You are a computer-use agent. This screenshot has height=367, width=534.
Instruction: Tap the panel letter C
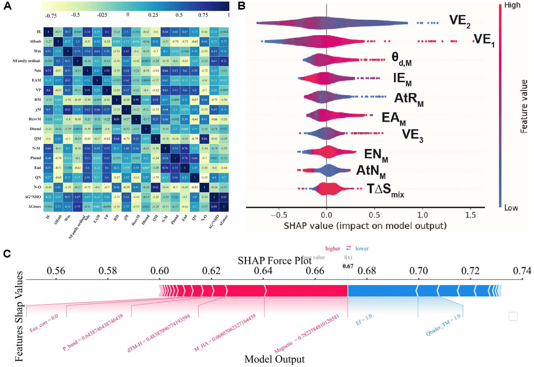pos(7,253)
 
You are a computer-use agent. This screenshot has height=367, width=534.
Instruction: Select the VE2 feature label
pos(460,21)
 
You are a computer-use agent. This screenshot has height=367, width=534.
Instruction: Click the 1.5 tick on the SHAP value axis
pos(470,215)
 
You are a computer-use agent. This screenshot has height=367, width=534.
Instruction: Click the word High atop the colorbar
pos(512,5)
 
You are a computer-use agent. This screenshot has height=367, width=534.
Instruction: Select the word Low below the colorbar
pos(511,208)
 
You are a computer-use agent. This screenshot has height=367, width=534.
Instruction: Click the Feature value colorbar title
pos(524,106)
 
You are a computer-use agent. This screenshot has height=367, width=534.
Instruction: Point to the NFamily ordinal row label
pos(26,61)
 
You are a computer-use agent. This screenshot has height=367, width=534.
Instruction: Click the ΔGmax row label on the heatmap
pos(34,207)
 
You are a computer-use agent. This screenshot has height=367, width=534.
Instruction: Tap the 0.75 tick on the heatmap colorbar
pos(203,15)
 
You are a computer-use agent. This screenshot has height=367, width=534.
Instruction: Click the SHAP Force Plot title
pos(274,261)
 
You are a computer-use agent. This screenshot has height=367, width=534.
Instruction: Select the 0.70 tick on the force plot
pos(418,271)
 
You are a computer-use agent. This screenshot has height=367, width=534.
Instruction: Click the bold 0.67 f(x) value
pos(348,266)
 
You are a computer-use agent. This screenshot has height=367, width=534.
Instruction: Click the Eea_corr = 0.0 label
pos(44,323)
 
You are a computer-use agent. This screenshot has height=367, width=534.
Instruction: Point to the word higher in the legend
pos(333,249)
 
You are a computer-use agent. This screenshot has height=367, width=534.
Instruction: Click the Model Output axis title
pos(274,359)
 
